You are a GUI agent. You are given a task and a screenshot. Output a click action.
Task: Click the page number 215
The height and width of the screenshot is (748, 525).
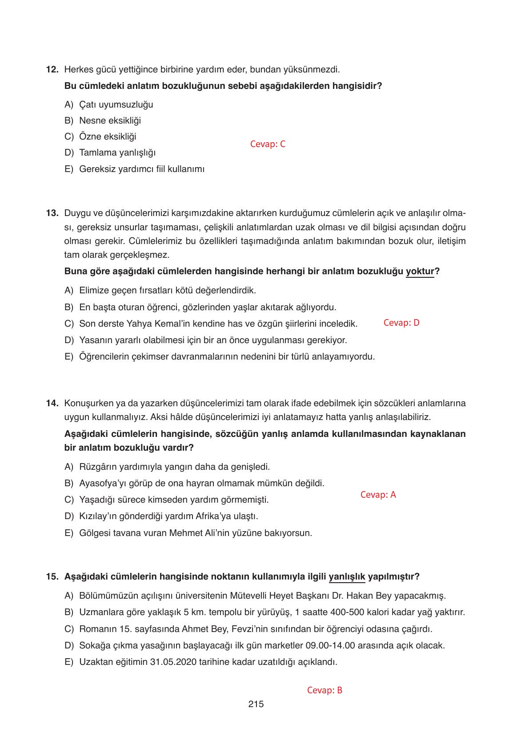point(256,704)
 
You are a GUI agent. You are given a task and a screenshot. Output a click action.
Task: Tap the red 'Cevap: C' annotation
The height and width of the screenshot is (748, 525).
point(268,144)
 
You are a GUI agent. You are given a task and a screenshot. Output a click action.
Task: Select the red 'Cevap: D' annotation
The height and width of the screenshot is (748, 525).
point(401,323)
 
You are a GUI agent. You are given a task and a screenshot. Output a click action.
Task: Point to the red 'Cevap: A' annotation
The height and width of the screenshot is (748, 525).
point(378,495)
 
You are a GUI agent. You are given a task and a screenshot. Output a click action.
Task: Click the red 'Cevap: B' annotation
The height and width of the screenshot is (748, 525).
point(325,690)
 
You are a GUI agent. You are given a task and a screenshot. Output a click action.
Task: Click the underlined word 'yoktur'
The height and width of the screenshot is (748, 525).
point(420,272)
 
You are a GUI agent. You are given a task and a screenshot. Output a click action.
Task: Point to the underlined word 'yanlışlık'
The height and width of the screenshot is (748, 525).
point(347,577)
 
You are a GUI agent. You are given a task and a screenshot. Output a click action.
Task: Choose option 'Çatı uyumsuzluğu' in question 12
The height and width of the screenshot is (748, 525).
point(116,104)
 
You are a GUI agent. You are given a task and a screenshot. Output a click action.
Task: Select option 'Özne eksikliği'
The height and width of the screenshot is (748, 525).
point(108,136)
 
